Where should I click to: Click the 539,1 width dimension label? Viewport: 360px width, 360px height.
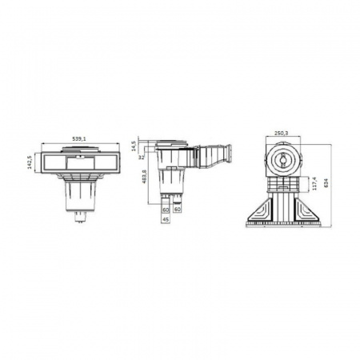(x=79, y=138)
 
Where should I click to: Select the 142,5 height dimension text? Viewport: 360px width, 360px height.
(x=30, y=162)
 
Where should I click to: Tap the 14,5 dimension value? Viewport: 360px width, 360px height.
(x=134, y=146)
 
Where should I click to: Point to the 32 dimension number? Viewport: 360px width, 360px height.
(x=142, y=158)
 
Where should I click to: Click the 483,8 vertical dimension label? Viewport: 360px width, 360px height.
(x=145, y=176)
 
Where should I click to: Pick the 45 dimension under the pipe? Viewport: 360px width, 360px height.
(x=166, y=220)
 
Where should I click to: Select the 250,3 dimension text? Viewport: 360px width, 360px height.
(x=282, y=134)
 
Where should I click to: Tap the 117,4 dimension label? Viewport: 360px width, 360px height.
(x=314, y=184)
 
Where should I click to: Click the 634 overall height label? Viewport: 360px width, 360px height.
(x=326, y=183)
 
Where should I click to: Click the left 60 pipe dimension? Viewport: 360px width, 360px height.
(x=166, y=210)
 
